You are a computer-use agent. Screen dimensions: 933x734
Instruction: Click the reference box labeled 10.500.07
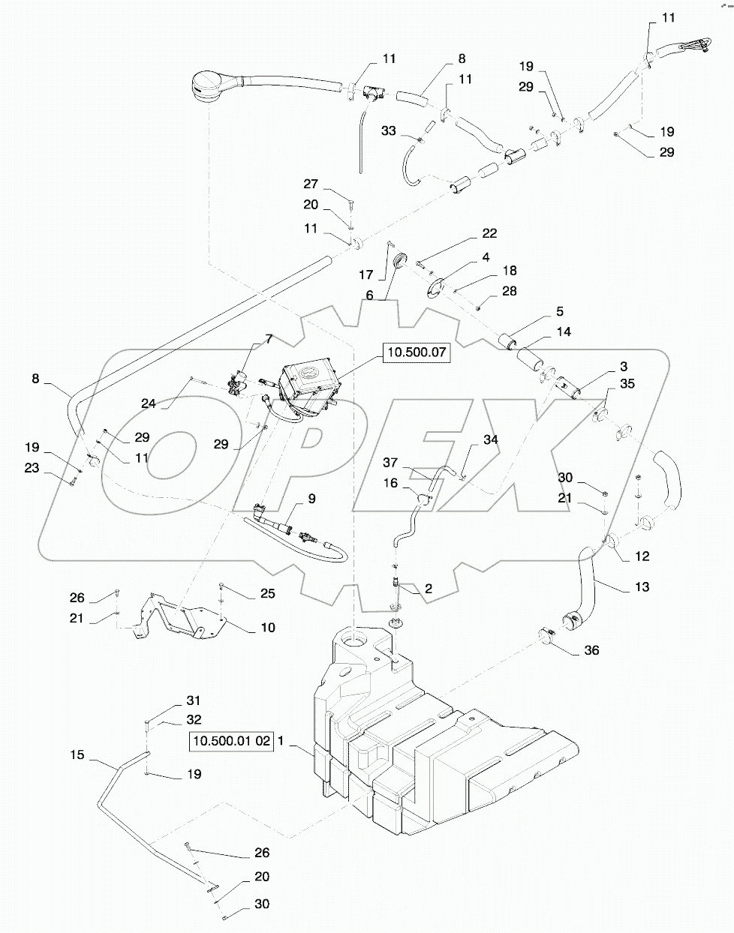(417, 352)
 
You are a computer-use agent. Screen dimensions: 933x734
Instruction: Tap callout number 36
(592, 651)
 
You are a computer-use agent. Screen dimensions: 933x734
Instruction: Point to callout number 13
(642, 586)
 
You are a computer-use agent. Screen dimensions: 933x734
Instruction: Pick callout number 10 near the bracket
(267, 627)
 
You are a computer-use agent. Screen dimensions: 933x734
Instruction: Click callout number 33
(388, 130)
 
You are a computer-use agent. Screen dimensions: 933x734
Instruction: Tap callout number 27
(311, 184)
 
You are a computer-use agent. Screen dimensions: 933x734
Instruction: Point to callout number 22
(489, 233)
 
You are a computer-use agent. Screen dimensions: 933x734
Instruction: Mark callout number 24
(148, 403)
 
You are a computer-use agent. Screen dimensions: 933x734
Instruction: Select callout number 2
(428, 589)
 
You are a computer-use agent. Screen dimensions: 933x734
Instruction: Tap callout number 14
(563, 331)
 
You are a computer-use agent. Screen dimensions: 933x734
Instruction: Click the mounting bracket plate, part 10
(180, 615)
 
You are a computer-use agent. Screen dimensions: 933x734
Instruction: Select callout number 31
(194, 700)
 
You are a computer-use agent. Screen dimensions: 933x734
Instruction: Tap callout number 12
(642, 556)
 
